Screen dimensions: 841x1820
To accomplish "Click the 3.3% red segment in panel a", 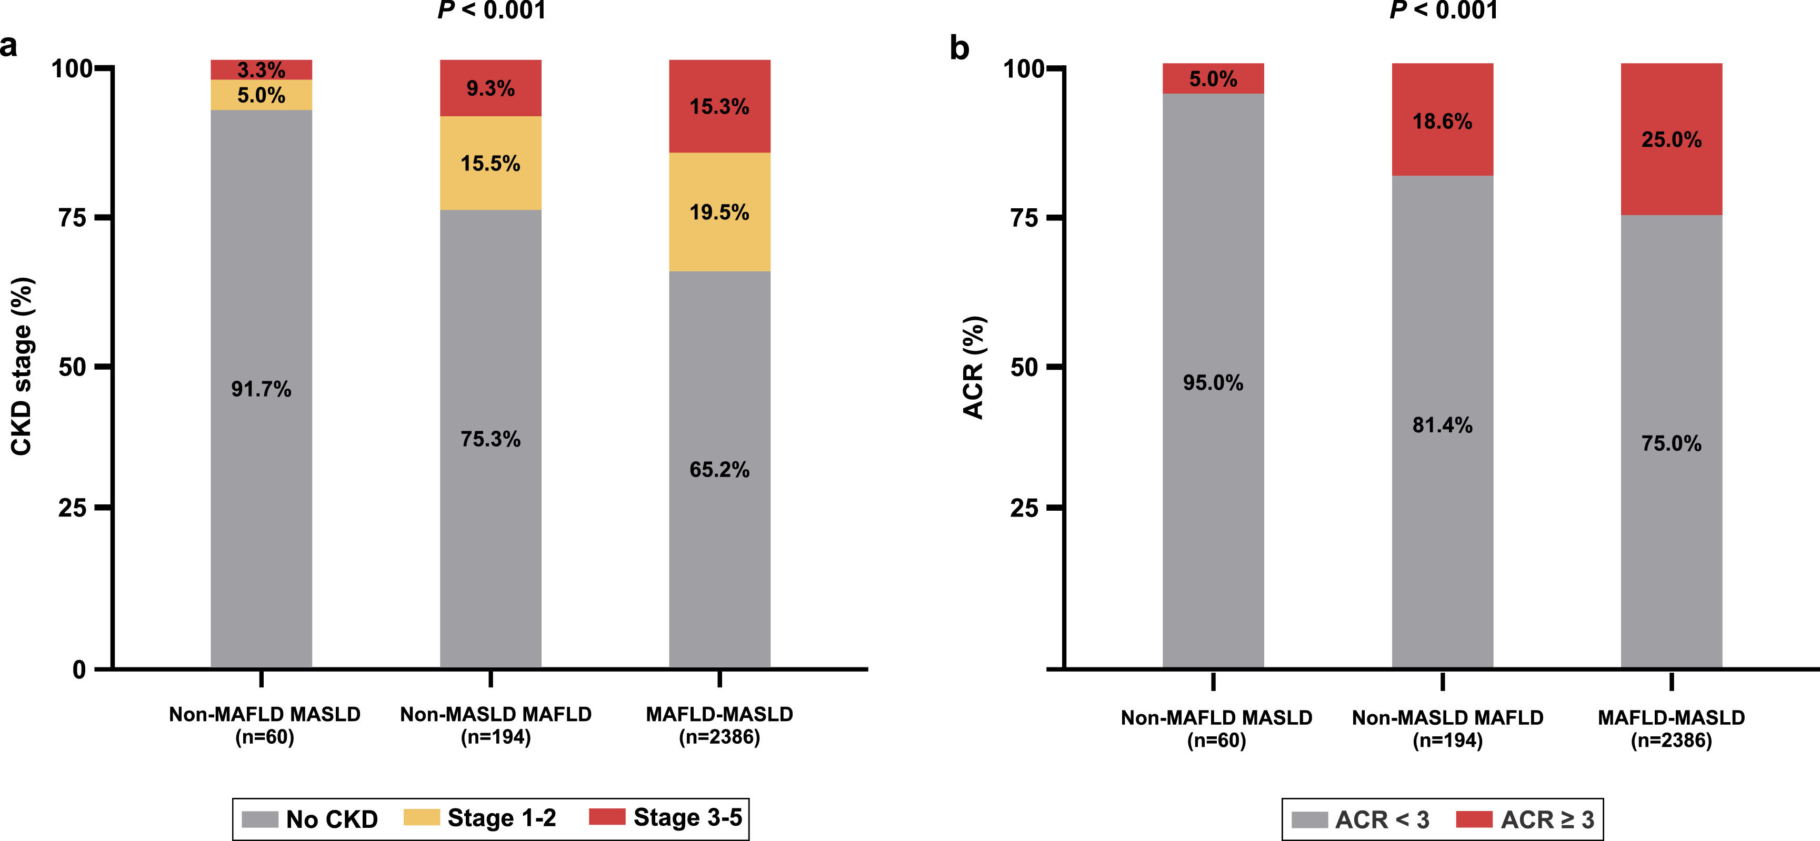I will (x=262, y=69).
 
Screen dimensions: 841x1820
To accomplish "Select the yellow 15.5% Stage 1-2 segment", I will (x=491, y=163).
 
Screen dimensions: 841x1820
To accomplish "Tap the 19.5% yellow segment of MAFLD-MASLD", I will (x=719, y=212).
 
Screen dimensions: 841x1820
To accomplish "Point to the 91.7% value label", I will (x=262, y=389).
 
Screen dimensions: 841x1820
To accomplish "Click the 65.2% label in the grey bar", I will (x=719, y=470).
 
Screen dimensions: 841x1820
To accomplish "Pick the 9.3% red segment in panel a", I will (x=491, y=88).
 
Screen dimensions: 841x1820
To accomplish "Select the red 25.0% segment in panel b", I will (x=1671, y=139).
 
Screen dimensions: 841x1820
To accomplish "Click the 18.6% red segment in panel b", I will (x=1442, y=121).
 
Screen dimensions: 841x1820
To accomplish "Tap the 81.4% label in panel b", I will (x=1442, y=425).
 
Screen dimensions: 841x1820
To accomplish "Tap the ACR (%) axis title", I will (x=974, y=367).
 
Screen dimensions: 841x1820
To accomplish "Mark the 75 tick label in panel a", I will (x=73, y=218).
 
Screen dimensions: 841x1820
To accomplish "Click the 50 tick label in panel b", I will (x=1024, y=367).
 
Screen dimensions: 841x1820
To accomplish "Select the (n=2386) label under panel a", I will (x=719, y=737).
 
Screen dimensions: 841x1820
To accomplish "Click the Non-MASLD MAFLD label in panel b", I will (x=1447, y=717).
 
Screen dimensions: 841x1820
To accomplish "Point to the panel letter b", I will (x=959, y=48).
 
